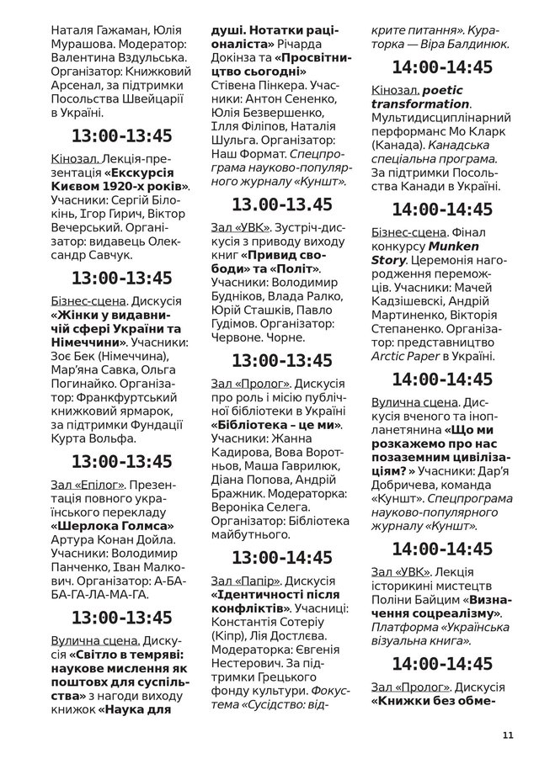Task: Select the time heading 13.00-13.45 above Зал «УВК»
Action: click(282, 204)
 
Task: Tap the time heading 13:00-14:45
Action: click(282, 557)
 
